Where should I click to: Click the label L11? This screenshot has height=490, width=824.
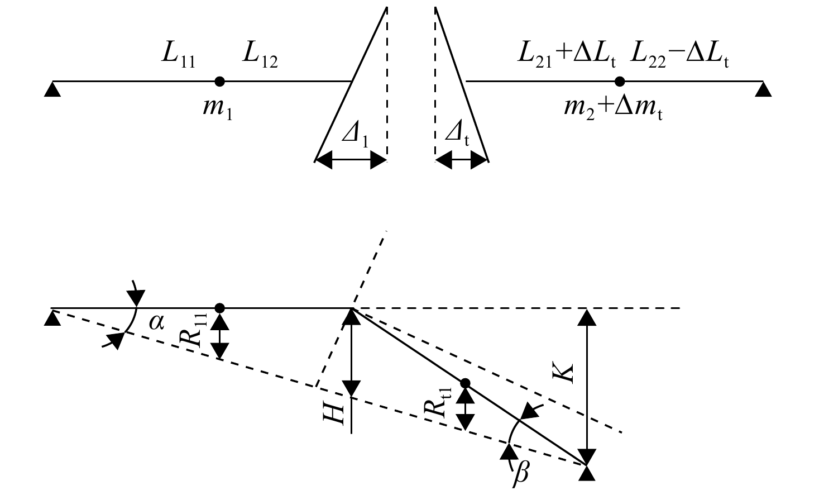click(179, 58)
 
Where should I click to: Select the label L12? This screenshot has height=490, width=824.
click(260, 58)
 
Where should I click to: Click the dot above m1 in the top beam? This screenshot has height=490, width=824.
click(219, 82)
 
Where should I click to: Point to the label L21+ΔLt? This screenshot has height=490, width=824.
click(567, 58)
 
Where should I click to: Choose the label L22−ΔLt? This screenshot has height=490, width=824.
click(679, 58)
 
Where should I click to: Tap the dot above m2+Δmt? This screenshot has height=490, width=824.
click(620, 82)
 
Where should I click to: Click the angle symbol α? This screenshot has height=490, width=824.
click(156, 323)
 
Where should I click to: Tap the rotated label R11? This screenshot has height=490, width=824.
click(194, 330)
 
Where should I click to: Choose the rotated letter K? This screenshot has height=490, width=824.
click(563, 373)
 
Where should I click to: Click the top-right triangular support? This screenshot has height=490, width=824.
click(763, 89)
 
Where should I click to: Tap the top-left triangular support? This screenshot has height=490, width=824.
click(52, 89)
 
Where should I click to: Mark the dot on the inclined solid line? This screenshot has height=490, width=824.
click(466, 383)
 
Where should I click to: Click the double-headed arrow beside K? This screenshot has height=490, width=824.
click(587, 387)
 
